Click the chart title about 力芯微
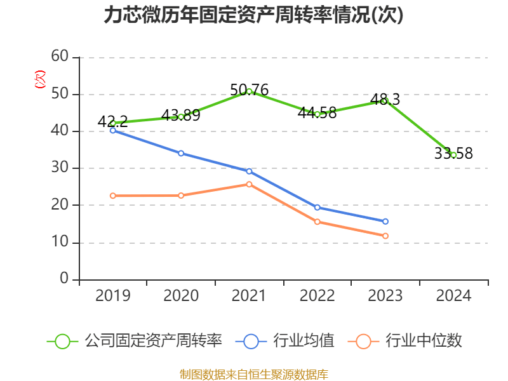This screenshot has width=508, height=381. point(253,15)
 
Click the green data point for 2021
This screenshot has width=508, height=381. point(249,91)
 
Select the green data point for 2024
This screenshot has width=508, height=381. point(453,155)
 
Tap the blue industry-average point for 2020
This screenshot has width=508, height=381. point(181,153)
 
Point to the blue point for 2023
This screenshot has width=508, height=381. point(385,222)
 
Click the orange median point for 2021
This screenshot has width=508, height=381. point(249,184)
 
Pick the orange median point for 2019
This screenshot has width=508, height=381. point(112,196)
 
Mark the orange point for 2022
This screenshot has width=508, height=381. point(317,222)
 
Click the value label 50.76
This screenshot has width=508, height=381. point(249,90)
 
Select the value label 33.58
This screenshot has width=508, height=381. point(453,154)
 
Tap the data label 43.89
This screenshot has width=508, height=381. point(181,115)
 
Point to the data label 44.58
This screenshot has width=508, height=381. point(317,113)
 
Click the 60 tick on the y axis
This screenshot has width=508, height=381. point(60,57)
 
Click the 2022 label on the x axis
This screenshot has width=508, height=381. point(317,295)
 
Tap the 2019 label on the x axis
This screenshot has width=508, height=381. point(112,295)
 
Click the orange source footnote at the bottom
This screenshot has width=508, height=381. point(253,374)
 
